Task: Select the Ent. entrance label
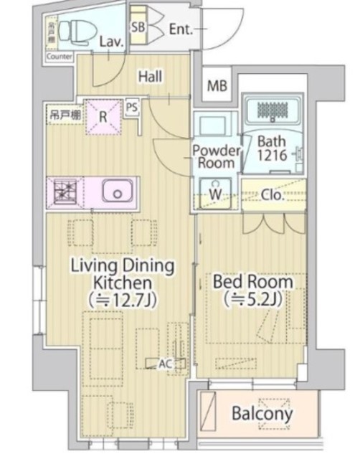(181, 29)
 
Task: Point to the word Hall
(150, 77)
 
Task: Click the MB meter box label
(217, 86)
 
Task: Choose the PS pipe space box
(131, 108)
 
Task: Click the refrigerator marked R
(103, 115)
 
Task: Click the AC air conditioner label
(165, 364)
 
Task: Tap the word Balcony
(262, 413)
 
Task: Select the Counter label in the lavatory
(59, 56)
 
